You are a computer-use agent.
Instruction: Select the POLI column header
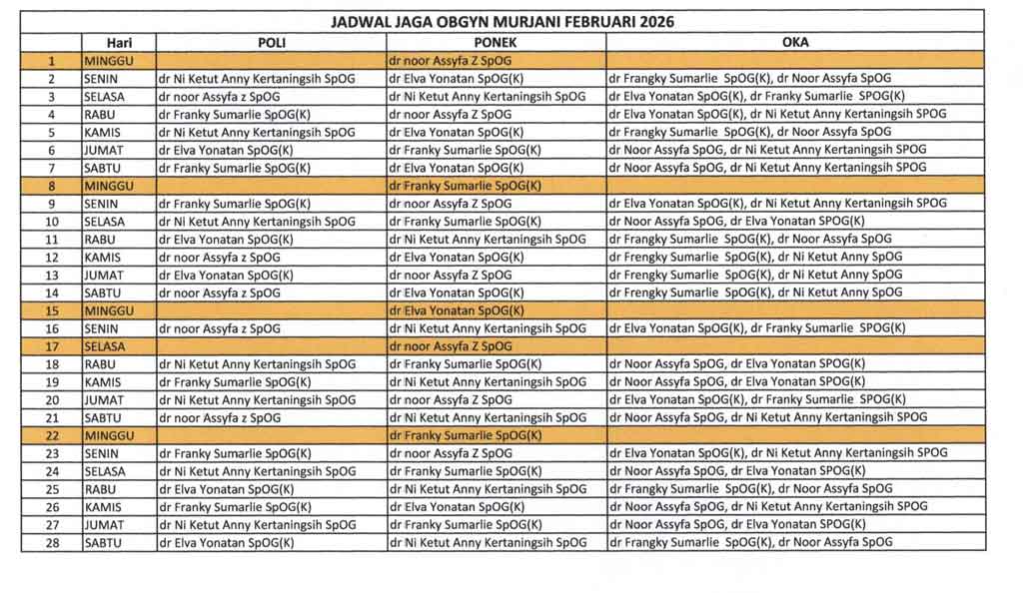click(271, 43)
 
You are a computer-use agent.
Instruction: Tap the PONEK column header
click(496, 43)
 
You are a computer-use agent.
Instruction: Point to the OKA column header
click(795, 43)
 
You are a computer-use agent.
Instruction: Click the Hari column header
click(118, 43)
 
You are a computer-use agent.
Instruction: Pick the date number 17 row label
click(51, 346)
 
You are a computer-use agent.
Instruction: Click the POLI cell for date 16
click(219, 328)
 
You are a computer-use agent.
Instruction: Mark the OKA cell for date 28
click(750, 543)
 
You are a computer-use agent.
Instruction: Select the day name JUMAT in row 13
click(104, 275)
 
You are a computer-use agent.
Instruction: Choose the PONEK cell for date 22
click(465, 435)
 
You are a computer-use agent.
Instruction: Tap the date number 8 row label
click(51, 186)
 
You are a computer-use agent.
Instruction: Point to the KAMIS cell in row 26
click(103, 507)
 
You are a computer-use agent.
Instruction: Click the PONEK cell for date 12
click(455, 257)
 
